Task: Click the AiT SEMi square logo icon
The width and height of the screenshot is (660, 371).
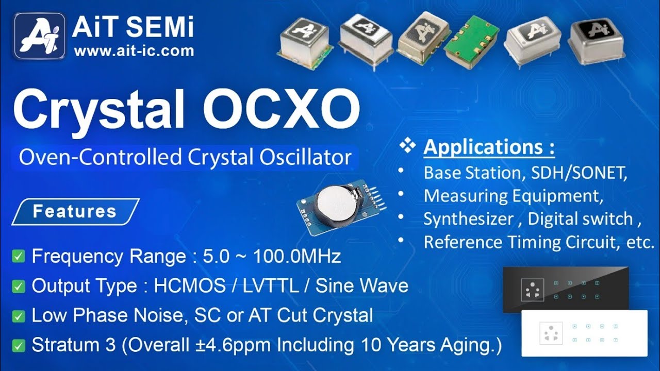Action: [x=40, y=36]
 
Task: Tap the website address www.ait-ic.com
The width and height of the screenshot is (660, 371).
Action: [x=134, y=50]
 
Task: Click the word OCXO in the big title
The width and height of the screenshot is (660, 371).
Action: [x=281, y=109]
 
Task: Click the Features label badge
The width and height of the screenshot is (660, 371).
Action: [x=75, y=211]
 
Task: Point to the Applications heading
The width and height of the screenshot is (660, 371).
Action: [x=489, y=147]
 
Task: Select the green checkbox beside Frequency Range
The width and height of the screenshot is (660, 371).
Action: [x=19, y=256]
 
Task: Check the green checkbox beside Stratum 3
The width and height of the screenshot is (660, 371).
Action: [x=19, y=345]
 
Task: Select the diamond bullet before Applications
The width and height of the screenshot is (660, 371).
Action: [x=407, y=147]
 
